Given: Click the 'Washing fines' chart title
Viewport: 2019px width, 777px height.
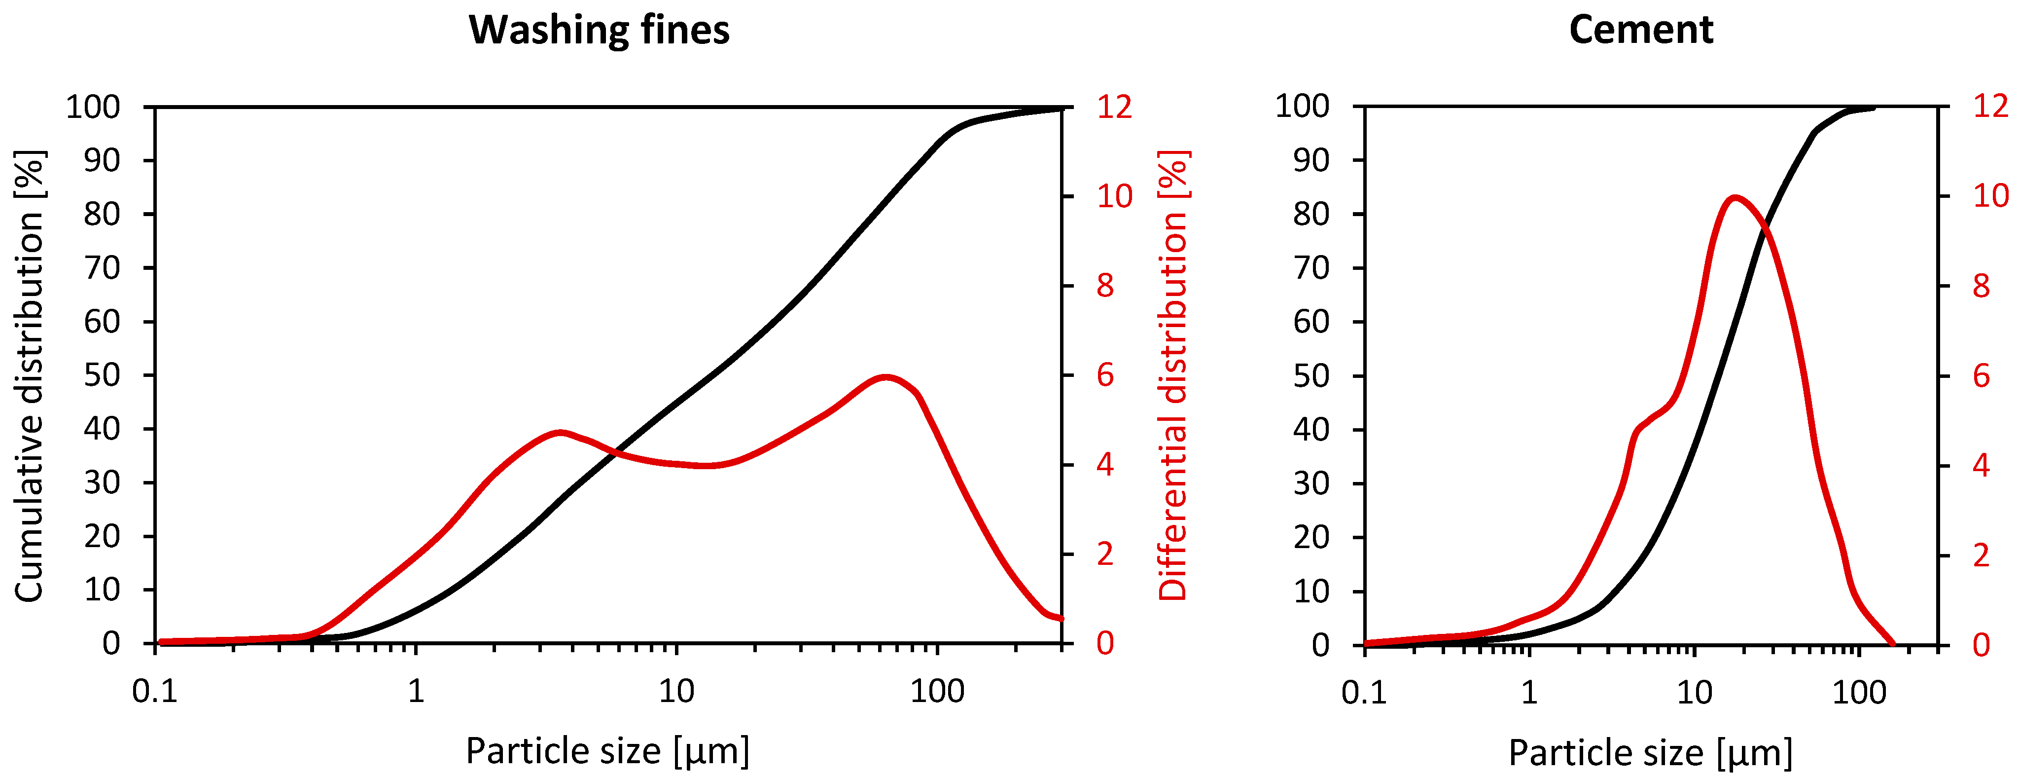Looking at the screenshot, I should pos(599,31).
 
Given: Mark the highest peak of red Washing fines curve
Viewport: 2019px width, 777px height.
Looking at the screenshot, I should pos(886,377).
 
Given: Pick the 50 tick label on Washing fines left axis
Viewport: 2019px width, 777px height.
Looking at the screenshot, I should pos(102,375).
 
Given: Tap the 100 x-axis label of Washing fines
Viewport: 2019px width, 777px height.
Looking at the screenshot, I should pos(937,692).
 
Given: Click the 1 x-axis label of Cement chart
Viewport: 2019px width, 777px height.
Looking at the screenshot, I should pos(1529,693).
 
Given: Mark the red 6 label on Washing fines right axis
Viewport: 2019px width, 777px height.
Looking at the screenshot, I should pos(1105,375).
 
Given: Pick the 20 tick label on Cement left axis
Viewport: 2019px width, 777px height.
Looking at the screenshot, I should pos(1311,537).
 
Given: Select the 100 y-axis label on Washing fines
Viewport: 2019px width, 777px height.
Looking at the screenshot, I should pos(93,107).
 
